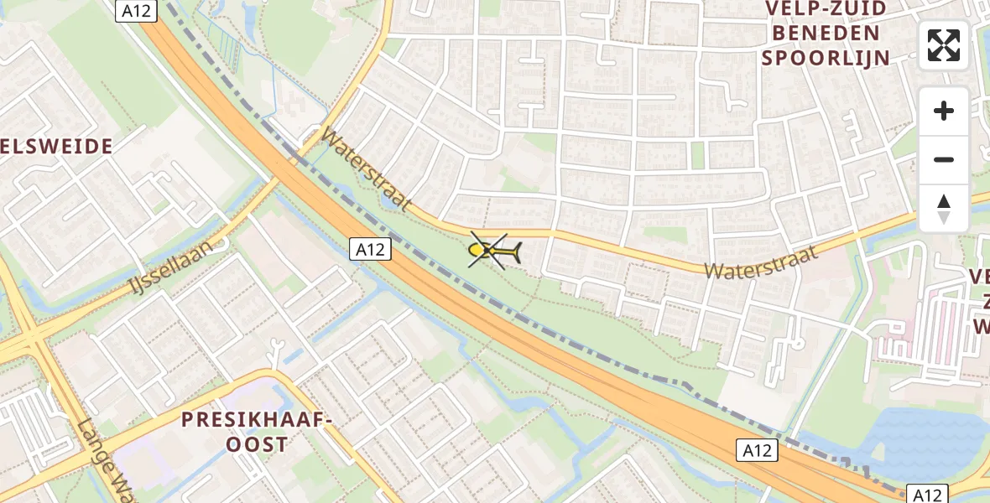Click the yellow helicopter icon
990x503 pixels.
pyautogui.click(x=495, y=250)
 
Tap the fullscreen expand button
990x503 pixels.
pyautogui.click(x=944, y=45)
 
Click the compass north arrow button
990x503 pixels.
pyautogui.click(x=944, y=209)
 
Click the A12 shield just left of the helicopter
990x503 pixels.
pyautogui.click(x=370, y=248)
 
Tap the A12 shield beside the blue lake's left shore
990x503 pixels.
pyautogui.click(x=758, y=450)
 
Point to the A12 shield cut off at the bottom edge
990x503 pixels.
pyautogui.click(x=927, y=494)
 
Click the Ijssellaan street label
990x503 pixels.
pyautogui.click(x=181, y=262)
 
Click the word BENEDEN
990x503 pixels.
pyautogui.click(x=826, y=34)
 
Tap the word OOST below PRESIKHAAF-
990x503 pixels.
pyautogui.click(x=257, y=443)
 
